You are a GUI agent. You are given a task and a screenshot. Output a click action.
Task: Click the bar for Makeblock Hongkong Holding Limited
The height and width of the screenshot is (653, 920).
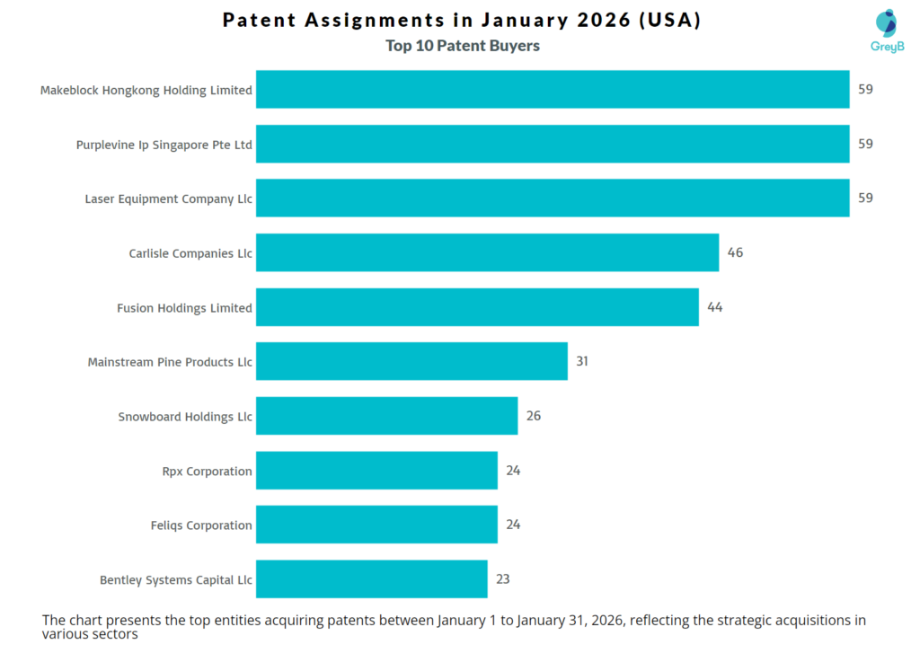552,90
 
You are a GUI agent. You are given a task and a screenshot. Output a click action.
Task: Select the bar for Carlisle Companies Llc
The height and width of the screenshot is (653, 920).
487,252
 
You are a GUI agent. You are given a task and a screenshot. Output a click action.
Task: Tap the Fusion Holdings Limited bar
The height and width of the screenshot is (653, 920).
477,307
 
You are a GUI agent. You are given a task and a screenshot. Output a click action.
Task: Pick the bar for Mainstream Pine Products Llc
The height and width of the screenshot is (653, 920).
411,361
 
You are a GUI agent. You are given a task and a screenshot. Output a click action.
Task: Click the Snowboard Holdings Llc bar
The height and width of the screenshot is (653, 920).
386,416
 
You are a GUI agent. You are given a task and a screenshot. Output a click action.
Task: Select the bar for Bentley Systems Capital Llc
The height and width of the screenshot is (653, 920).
371,579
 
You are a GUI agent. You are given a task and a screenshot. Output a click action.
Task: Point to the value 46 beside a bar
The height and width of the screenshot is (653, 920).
735,252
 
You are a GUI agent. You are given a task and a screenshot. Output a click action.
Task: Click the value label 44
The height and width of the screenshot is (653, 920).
714,307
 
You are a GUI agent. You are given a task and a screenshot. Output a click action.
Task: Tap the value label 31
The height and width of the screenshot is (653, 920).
582,361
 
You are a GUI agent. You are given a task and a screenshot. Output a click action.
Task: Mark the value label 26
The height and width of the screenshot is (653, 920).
533,416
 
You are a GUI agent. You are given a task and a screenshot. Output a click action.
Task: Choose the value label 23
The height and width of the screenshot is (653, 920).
502,579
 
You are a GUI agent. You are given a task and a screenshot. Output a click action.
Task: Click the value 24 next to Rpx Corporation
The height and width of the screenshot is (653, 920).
512,471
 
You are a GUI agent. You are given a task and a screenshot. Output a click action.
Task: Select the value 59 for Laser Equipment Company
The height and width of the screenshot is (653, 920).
864,198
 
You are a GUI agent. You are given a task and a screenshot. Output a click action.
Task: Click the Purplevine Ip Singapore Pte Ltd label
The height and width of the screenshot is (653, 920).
164,145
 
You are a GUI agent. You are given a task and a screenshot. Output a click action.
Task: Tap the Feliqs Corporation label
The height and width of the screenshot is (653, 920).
201,525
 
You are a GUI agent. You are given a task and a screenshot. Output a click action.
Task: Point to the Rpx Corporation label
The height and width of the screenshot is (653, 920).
206,471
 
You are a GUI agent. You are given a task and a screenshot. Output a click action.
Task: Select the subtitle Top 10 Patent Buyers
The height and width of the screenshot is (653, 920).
463,46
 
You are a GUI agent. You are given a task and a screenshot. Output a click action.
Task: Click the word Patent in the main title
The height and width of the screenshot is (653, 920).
260,20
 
